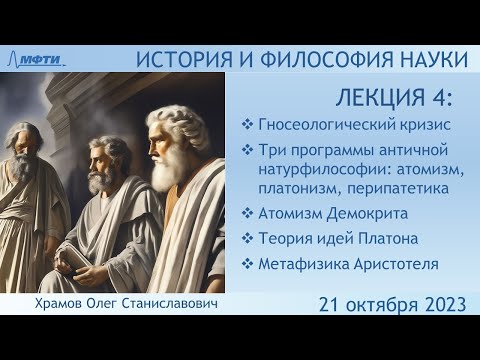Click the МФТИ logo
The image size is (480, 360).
pyautogui.click(x=45, y=60)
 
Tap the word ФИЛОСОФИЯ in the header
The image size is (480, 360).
pyautogui.click(x=305, y=60)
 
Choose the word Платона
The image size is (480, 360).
pyautogui.click(x=384, y=238)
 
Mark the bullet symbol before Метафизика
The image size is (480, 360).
pyautogui.click(x=247, y=264)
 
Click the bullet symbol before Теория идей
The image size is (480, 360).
pyautogui.click(x=247, y=238)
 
